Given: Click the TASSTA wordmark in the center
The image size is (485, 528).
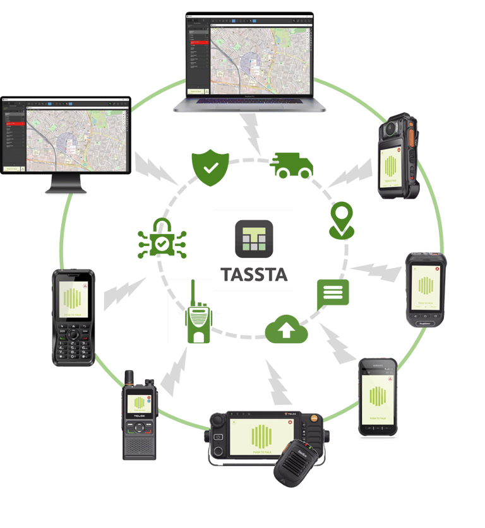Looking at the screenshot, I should [x=253, y=275].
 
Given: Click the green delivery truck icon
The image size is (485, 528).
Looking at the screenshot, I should [x=292, y=165].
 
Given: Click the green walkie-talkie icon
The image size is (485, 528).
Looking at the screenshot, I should [x=198, y=320].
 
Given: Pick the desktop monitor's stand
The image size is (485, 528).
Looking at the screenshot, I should [x=66, y=184].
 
